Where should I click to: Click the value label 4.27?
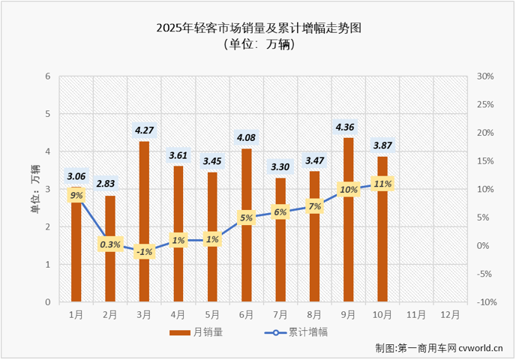(x=144, y=130)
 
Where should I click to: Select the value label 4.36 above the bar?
(x=349, y=126)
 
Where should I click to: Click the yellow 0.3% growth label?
(x=110, y=244)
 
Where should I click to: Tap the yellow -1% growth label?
(x=144, y=252)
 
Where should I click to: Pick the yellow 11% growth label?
(x=382, y=183)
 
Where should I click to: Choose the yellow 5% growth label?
(x=246, y=218)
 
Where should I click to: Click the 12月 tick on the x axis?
(x=451, y=315)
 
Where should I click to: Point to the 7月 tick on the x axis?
(x=280, y=315)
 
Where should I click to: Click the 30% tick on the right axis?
(x=484, y=76)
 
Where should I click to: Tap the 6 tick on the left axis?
(x=47, y=76)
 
